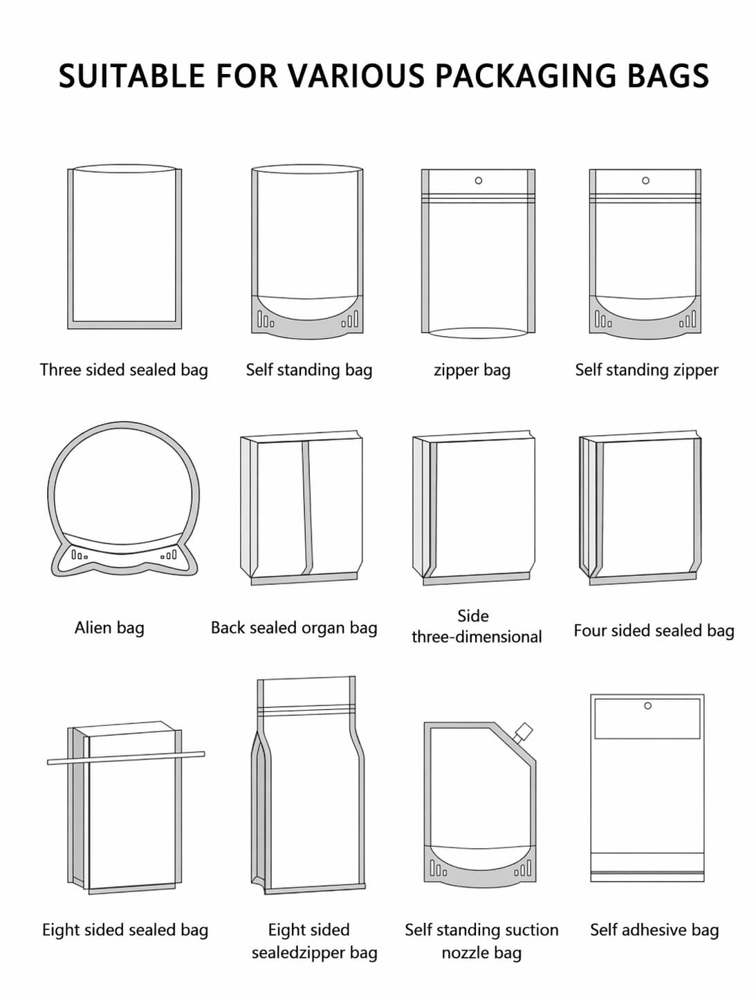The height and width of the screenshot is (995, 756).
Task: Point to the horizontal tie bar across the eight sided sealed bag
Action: click(x=126, y=758)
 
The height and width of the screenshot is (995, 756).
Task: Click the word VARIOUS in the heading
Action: click(x=354, y=75)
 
